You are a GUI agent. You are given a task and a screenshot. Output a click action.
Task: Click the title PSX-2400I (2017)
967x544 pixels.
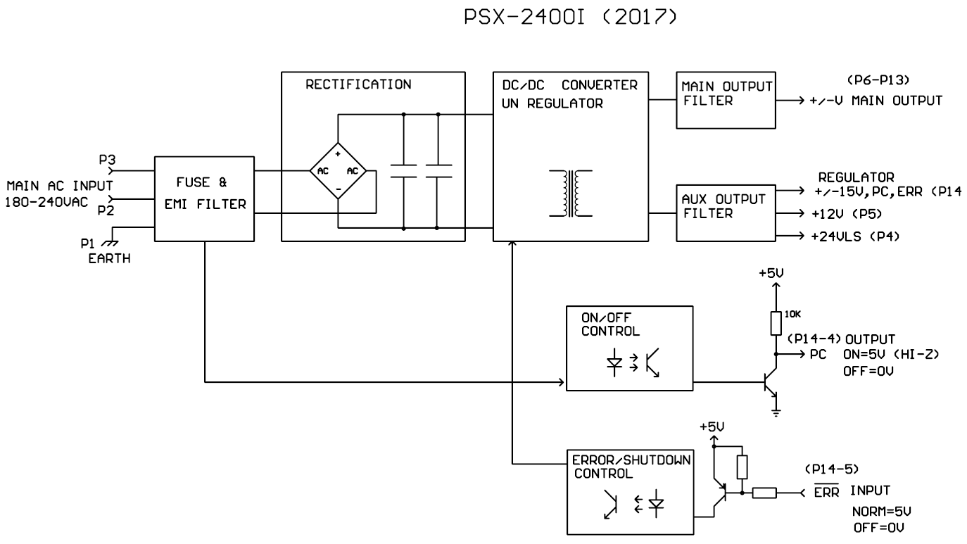pyautogui.click(x=570, y=19)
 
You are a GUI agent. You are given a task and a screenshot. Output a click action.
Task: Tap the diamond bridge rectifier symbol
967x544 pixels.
pyautogui.click(x=338, y=171)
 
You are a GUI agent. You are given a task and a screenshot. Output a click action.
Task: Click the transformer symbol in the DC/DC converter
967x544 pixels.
pyautogui.click(x=570, y=194)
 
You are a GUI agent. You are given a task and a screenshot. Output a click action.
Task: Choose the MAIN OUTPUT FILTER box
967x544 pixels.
pyautogui.click(x=724, y=100)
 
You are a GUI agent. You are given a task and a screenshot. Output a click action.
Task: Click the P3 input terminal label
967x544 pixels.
pyautogui.click(x=107, y=160)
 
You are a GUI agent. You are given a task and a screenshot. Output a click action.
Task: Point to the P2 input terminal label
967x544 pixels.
pyautogui.click(x=106, y=210)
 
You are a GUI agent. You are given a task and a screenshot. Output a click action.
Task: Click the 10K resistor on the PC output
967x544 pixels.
pyautogui.click(x=776, y=323)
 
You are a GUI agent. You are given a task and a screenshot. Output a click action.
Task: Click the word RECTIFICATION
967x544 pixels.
pyautogui.click(x=358, y=84)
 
